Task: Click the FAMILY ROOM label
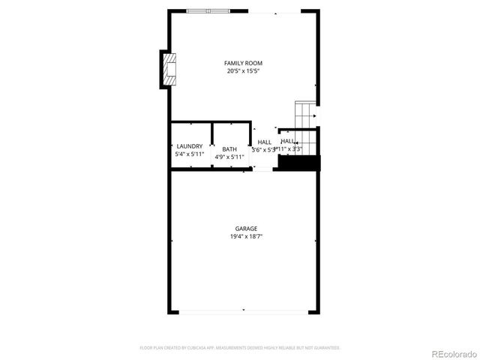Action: pyautogui.click(x=244, y=63)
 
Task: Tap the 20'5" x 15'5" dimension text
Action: pyautogui.click(x=244, y=71)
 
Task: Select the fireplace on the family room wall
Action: pyautogui.click(x=169, y=70)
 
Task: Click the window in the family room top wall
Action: pyautogui.click(x=209, y=11)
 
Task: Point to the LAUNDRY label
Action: pyautogui.click(x=189, y=146)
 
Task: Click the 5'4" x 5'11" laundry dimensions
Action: pyautogui.click(x=189, y=154)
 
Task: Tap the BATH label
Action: pyautogui.click(x=229, y=148)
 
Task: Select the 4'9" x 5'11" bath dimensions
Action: pyautogui.click(x=229, y=157)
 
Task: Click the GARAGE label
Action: pyautogui.click(x=246, y=229)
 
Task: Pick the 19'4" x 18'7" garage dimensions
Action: pyautogui.click(x=246, y=237)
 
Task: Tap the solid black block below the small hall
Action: pyautogui.click(x=298, y=162)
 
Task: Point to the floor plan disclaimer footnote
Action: pyautogui.click(x=240, y=348)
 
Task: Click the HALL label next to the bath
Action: pyautogui.click(x=264, y=142)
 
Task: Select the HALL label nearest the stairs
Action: pyautogui.click(x=287, y=141)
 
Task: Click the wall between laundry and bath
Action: pyautogui.click(x=211, y=145)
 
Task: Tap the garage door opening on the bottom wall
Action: pyautogui.click(x=243, y=312)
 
